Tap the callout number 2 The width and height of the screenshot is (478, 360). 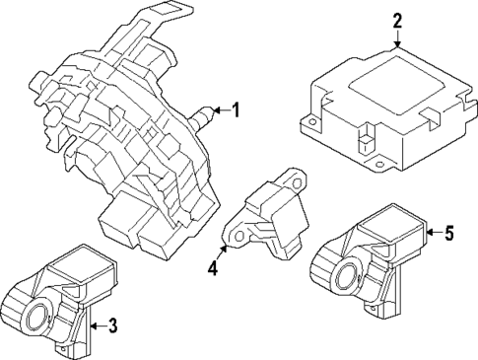(x=397, y=20)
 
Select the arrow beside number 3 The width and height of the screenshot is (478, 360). (x=97, y=325)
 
